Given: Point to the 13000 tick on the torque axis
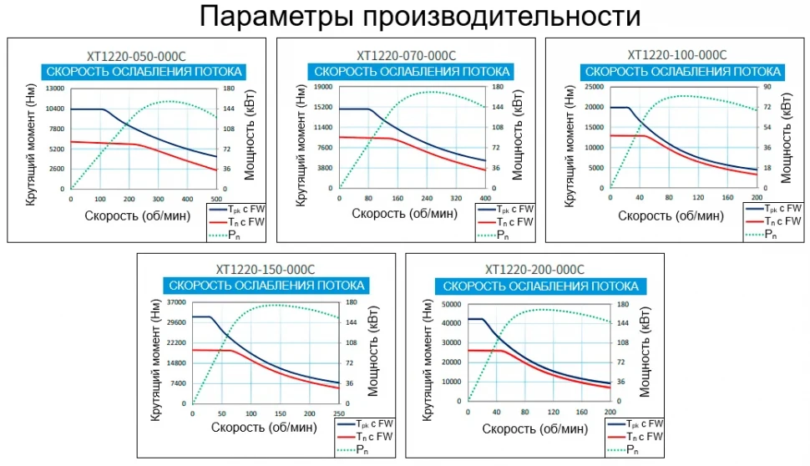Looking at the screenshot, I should click(55, 89).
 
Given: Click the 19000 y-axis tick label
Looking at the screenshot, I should click(323, 87).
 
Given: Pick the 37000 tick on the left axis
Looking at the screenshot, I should click(175, 302).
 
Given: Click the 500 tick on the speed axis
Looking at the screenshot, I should click(215, 199).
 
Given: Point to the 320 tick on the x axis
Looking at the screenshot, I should click(455, 199).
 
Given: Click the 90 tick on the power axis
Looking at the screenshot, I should click(765, 87).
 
